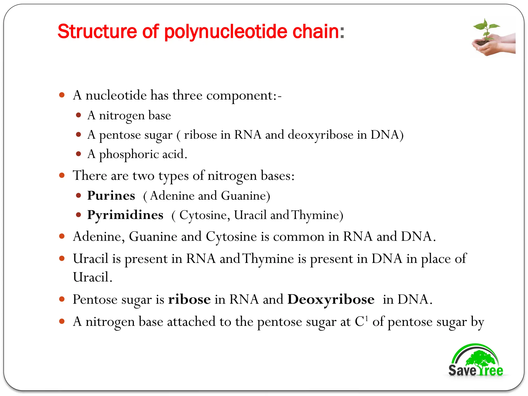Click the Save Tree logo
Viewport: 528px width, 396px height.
point(475,361)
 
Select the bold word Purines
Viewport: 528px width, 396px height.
point(111,195)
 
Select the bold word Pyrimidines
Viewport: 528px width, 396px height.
point(125,215)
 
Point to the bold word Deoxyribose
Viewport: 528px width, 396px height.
point(331,299)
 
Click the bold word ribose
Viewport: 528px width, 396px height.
point(189,299)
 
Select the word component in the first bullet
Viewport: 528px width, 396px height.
point(240,96)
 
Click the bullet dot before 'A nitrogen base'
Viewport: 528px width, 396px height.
point(79,115)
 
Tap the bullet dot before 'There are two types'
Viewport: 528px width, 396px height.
point(62,176)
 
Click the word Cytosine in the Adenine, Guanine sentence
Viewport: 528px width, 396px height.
point(231,236)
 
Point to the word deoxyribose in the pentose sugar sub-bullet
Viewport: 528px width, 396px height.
point(320,135)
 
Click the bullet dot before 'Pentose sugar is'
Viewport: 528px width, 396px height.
point(62,299)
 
